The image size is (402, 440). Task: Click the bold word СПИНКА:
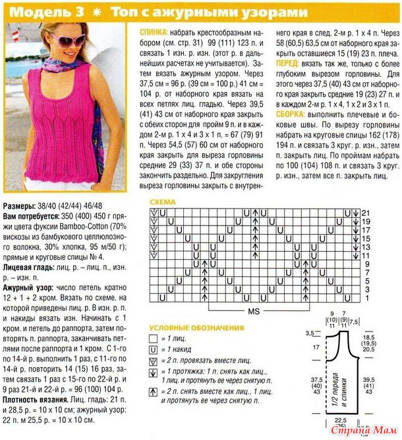click(x=154, y=32)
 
